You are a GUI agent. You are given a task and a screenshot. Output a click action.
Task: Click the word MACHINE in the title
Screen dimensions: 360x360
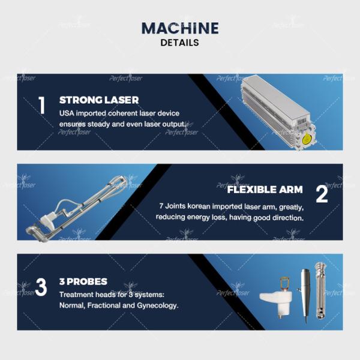pyautogui.click(x=180, y=28)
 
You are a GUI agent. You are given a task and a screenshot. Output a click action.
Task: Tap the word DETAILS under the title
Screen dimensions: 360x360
pyautogui.click(x=180, y=43)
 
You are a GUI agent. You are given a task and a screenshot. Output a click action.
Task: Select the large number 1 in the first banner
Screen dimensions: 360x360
pyautogui.click(x=41, y=106)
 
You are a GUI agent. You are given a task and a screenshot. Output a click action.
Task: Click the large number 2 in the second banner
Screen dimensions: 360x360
pyautogui.click(x=322, y=194)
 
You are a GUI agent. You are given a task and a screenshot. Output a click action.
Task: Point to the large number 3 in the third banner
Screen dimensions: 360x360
pyautogui.click(x=41, y=287)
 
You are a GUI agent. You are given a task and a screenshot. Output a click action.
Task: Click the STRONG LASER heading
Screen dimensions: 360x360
pyautogui.click(x=99, y=100)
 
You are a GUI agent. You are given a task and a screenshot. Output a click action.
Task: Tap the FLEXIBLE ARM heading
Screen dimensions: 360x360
pyautogui.click(x=265, y=190)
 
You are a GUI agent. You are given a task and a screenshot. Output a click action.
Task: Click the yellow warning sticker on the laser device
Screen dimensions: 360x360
pyautogui.click(x=306, y=139)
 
